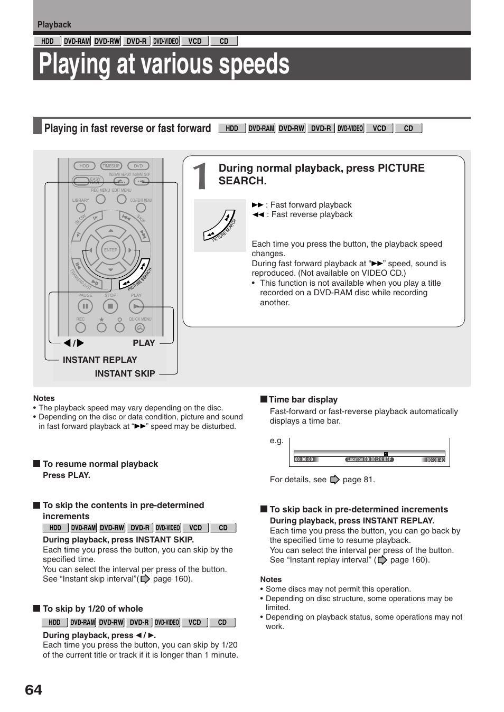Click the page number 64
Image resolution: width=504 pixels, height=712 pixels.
(33, 690)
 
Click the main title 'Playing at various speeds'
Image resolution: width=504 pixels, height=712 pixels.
(164, 64)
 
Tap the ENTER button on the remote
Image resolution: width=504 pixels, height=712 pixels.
(111, 250)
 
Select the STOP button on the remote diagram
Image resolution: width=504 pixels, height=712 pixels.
(110, 306)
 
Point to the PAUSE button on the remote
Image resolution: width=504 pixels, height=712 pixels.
(85, 306)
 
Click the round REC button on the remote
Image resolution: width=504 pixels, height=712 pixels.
(81, 328)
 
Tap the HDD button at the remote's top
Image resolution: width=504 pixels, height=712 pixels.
(85, 166)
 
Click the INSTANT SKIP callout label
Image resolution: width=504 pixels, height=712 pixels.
(125, 373)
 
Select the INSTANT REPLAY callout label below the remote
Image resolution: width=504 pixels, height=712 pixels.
(100, 360)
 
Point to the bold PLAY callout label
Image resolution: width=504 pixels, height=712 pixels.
(144, 343)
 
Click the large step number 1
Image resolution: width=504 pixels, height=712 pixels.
(200, 176)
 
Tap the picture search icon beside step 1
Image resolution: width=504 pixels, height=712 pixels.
(220, 226)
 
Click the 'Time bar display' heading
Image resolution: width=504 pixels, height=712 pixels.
(303, 400)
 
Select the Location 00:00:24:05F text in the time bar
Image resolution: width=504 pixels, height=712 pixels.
(369, 460)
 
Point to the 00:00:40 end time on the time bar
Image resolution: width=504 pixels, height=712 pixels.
(435, 460)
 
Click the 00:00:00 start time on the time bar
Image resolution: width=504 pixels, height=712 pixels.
(304, 460)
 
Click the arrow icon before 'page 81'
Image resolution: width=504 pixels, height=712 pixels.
(334, 480)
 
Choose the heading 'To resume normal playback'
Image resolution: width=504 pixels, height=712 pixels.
(100, 464)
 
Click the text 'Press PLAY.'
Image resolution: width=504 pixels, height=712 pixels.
(67, 475)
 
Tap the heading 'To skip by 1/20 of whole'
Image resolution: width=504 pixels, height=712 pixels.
(92, 608)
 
